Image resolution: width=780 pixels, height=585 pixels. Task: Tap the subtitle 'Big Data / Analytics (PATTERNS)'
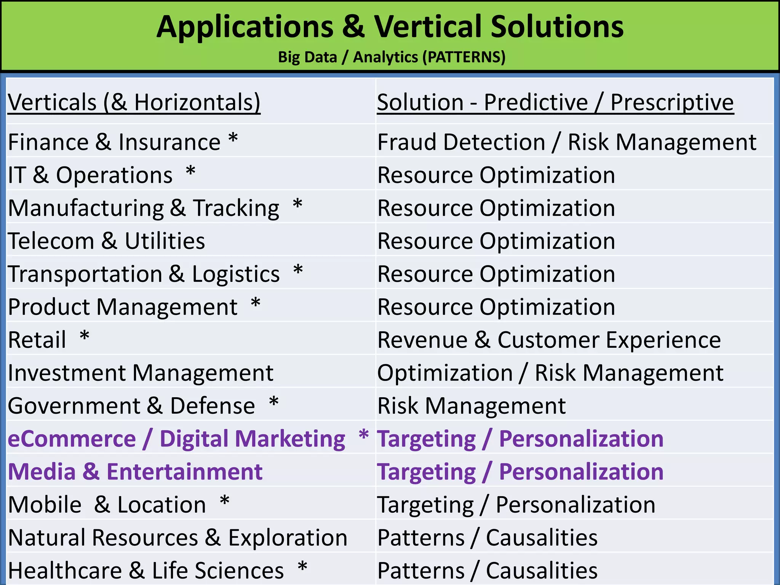pos(392,57)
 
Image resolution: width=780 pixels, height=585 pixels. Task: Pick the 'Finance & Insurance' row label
pos(114,142)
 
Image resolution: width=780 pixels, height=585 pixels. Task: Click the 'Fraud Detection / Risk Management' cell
pos(567,142)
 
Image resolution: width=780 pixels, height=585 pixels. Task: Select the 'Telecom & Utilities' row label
pos(106,241)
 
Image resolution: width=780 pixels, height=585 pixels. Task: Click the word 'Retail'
pos(37,340)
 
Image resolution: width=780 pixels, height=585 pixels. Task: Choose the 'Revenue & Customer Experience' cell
pos(549,340)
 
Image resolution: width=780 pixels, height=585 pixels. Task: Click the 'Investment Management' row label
pos(141,372)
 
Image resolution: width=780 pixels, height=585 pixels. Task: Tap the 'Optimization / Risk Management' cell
pos(550,372)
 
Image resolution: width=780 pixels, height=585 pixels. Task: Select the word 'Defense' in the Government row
pos(213,406)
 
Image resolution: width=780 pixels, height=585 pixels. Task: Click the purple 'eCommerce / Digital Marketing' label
pos(176,438)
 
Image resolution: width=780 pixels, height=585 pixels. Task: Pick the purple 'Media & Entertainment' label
pos(135,472)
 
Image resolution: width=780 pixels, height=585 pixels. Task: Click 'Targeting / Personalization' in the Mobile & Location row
pos(516,505)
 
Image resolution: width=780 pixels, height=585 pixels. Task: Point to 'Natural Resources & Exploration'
pos(177,537)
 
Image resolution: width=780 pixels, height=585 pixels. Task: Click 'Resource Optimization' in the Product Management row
pos(496,307)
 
